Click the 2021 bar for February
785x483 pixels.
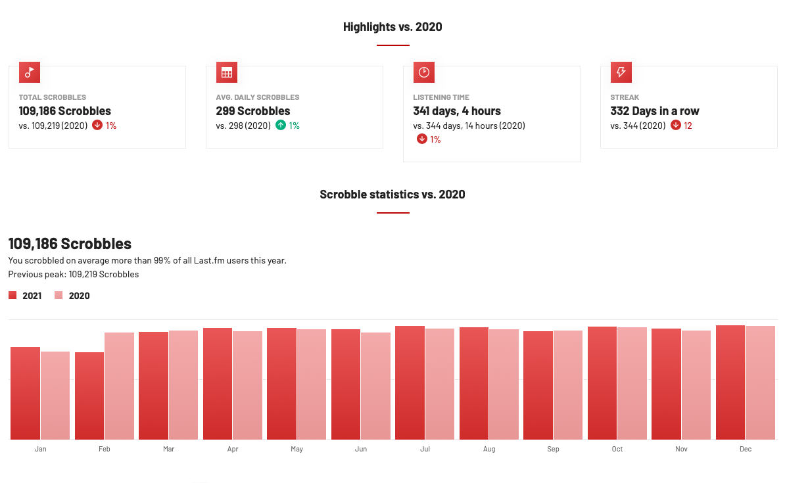[89, 396]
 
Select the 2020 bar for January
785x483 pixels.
[55, 396]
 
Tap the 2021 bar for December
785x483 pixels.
[730, 382]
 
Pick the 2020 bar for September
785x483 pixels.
[568, 385]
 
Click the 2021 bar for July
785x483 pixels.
[410, 382]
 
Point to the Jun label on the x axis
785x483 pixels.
[361, 449]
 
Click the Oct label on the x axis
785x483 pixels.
[617, 449]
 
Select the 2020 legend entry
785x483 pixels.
[72, 296]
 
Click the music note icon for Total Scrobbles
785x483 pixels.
[30, 72]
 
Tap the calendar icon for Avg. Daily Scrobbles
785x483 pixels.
[227, 72]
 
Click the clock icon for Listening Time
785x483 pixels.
[424, 72]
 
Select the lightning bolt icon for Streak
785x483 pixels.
[621, 72]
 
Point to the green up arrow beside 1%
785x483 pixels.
[281, 126]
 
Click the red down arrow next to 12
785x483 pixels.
[676, 126]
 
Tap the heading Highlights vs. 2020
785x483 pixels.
[393, 27]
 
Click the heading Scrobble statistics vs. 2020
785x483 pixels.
[393, 195]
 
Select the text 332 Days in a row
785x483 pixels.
[655, 111]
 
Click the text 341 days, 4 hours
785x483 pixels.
[457, 111]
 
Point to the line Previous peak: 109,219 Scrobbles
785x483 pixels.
[74, 275]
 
